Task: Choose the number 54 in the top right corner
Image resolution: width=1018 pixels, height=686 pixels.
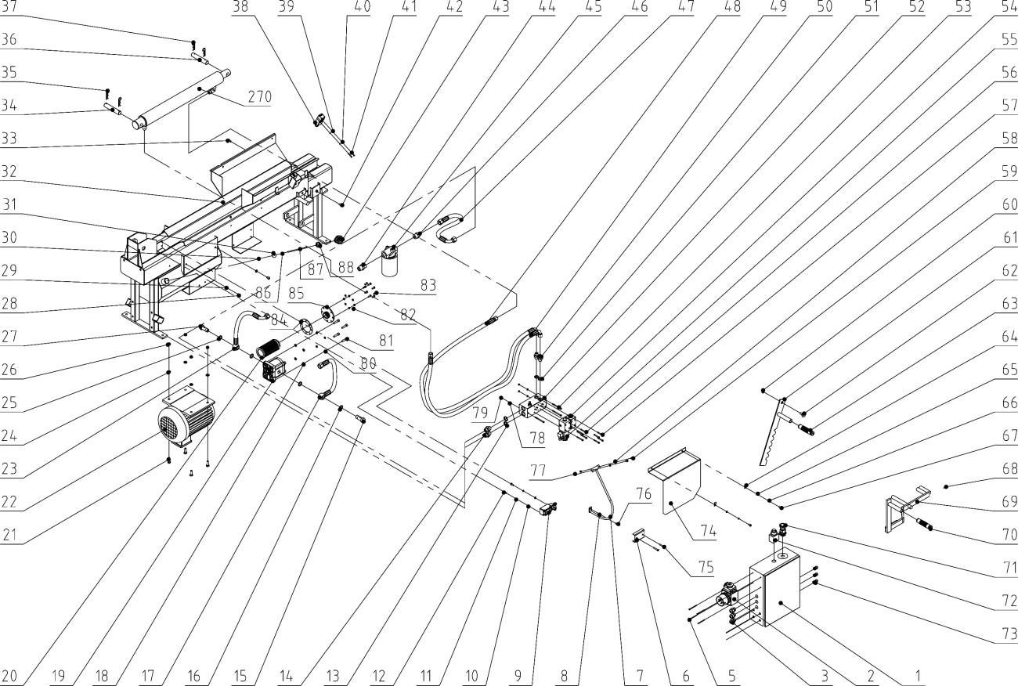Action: tap(1007, 8)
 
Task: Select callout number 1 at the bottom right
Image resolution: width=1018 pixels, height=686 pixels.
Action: tap(913, 675)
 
